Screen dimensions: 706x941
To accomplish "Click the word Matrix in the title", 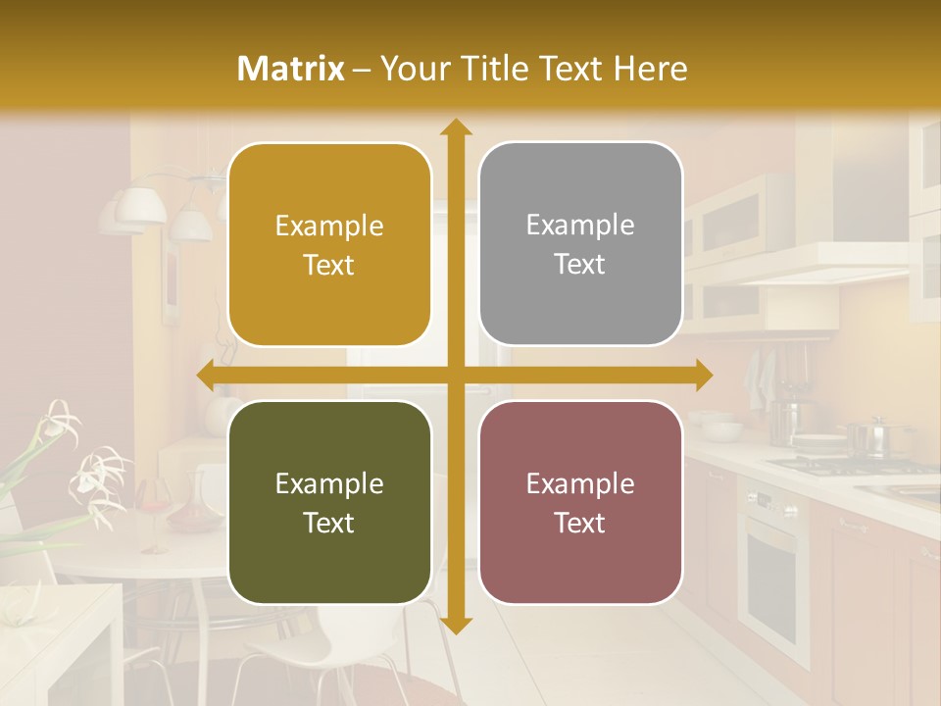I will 291,69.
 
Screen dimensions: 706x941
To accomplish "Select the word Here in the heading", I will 650,69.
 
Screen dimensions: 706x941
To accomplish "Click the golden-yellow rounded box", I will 329,245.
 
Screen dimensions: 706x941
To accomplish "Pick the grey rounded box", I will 580,244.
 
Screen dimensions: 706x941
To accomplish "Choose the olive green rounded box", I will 329,503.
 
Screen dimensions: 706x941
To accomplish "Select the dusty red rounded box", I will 580,503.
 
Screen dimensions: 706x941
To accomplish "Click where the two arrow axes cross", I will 455,376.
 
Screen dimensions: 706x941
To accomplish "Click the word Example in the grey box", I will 580,226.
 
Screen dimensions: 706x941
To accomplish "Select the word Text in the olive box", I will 329,523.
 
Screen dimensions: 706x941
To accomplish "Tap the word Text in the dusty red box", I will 580,523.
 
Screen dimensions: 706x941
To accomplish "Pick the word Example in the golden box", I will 329,227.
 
